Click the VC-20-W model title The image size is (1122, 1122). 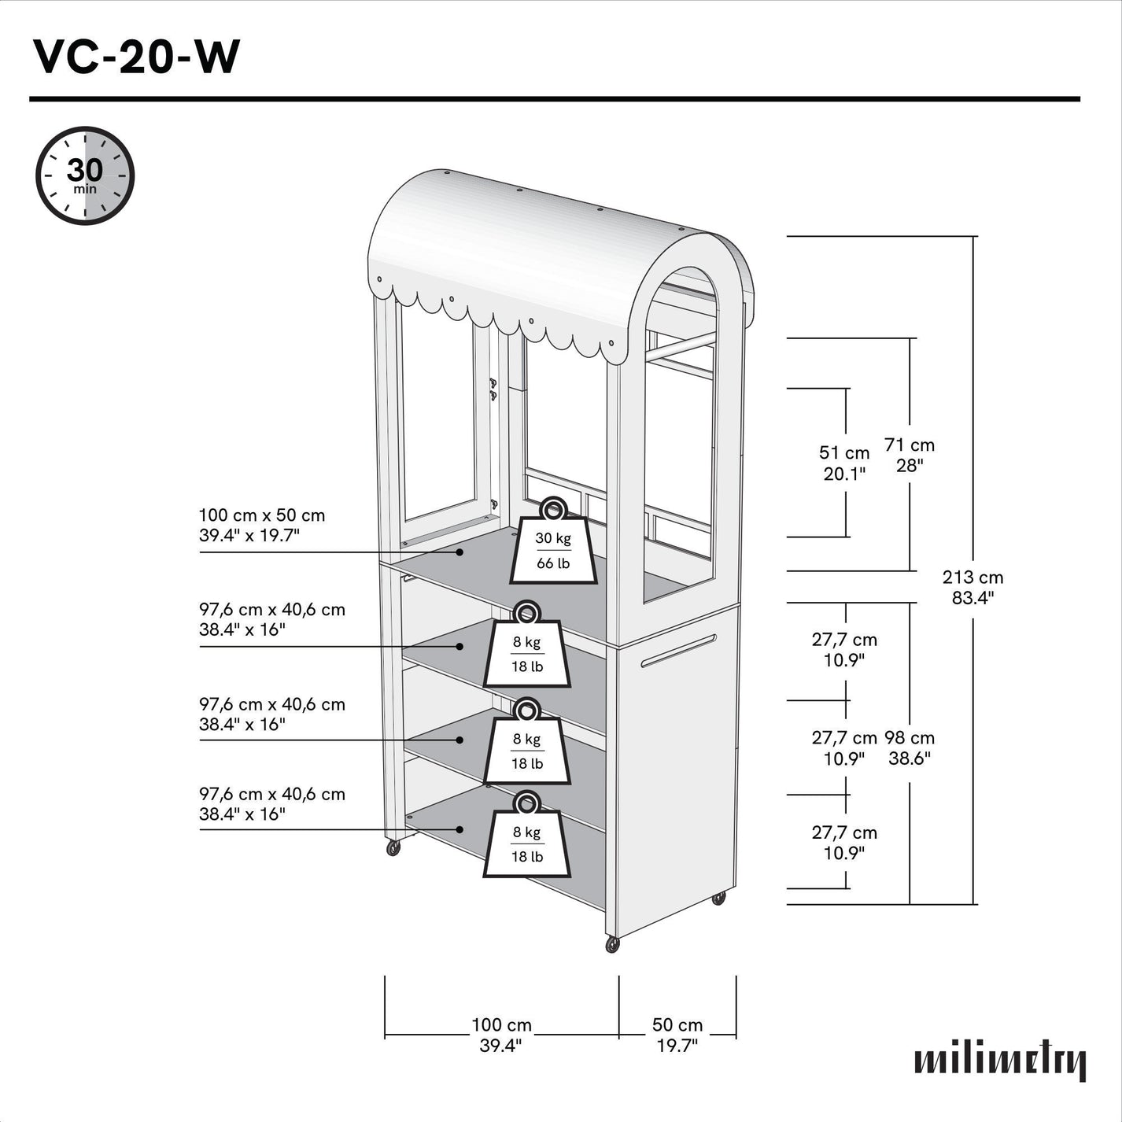coord(136,57)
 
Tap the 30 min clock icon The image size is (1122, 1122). coord(85,175)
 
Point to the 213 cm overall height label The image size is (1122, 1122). coord(973,587)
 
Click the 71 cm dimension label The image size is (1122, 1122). coord(910,455)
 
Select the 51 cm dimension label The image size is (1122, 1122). coord(844,463)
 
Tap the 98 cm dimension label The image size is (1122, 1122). coord(910,747)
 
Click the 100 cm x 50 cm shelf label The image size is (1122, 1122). coord(261,525)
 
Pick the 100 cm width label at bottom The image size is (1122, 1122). coord(501,1035)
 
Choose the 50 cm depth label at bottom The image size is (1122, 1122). coord(677,1035)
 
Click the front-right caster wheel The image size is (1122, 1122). coord(612,944)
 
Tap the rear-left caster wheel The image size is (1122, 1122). coord(393,847)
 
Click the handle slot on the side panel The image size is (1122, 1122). coord(678,651)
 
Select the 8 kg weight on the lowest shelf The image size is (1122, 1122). coord(527,839)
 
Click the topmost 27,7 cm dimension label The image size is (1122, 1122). coord(844,650)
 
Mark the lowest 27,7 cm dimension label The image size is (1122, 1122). coord(844,842)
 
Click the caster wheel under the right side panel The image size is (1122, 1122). coord(718,898)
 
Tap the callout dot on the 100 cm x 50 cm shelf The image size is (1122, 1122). coord(460,552)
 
